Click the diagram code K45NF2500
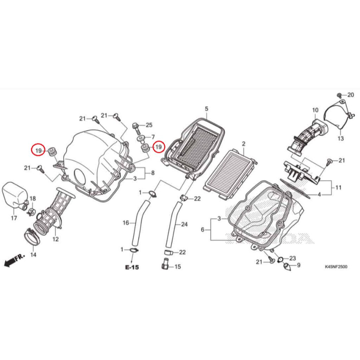pyautogui.click(x=336, y=266)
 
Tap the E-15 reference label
pyautogui.click(x=132, y=267)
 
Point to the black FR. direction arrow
pyautogui.click(x=14, y=260)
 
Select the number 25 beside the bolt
pyautogui.click(x=149, y=125)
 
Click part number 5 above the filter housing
pyautogui.click(x=206, y=109)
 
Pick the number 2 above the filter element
pyautogui.click(x=244, y=144)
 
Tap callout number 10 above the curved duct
pyautogui.click(x=315, y=110)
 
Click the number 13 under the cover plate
pyautogui.click(x=340, y=139)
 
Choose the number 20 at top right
pyautogui.click(x=351, y=95)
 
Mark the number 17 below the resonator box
pyautogui.click(x=14, y=218)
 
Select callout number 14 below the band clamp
pyautogui.click(x=33, y=255)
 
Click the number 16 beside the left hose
pyautogui.click(x=126, y=223)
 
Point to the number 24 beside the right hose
pyautogui.click(x=184, y=224)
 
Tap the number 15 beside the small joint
pyautogui.click(x=178, y=266)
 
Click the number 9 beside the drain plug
pyautogui.click(x=298, y=265)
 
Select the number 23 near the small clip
pyautogui.click(x=292, y=258)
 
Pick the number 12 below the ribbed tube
pyautogui.click(x=56, y=239)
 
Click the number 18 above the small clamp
pyautogui.click(x=33, y=199)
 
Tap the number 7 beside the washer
pyautogui.click(x=153, y=137)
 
